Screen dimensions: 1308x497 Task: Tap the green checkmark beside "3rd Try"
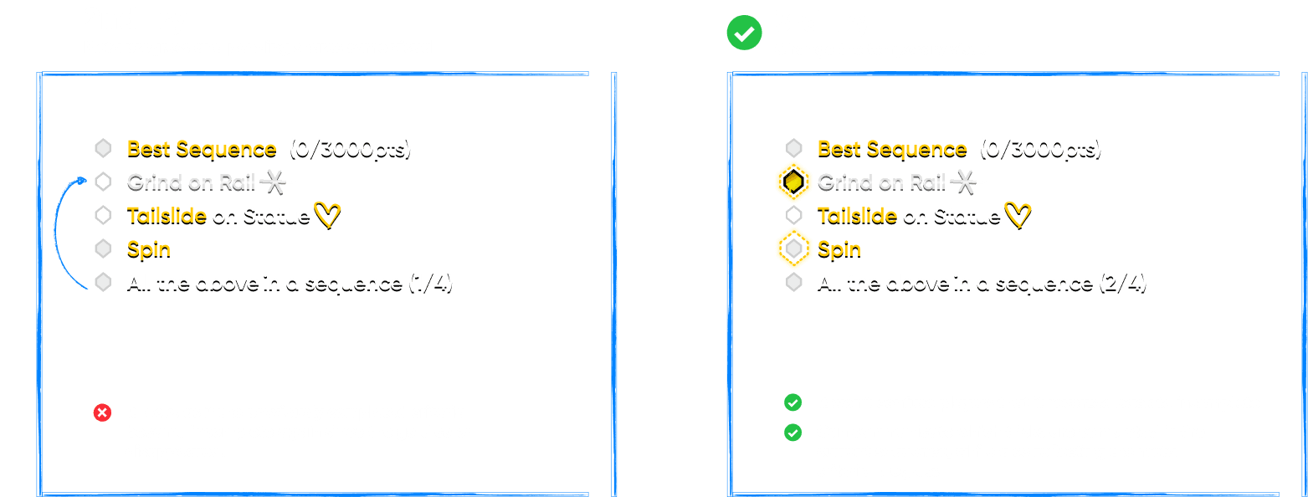tap(744, 33)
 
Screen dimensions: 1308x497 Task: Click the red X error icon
tap(102, 412)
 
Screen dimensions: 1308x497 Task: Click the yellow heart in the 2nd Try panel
tap(327, 216)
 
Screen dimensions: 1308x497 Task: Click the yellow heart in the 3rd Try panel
tap(1018, 216)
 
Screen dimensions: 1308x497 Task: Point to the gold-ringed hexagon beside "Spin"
tap(793, 248)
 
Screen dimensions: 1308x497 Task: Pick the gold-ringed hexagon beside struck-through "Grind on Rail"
tap(793, 182)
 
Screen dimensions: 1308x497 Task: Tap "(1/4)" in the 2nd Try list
tap(430, 283)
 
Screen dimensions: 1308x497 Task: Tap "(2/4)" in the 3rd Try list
tap(1121, 283)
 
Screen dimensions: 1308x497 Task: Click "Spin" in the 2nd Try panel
tap(148, 249)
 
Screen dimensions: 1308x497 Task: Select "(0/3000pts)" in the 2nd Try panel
tap(350, 149)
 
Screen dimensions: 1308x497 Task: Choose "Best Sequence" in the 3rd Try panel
tap(891, 149)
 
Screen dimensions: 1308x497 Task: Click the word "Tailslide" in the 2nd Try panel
tap(167, 216)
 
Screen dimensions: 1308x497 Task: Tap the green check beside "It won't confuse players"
tap(792, 403)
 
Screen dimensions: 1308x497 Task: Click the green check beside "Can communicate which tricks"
tap(792, 433)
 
